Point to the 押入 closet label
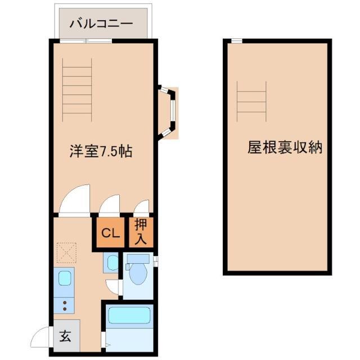pyautogui.click(x=142, y=232)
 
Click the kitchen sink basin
pyautogui.click(x=65, y=277)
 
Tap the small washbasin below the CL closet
pyautogui.click(x=111, y=263)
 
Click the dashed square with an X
pyautogui.click(x=67, y=253)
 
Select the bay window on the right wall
pyautogui.click(x=169, y=112)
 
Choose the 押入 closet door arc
pyautogui.click(x=141, y=207)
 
